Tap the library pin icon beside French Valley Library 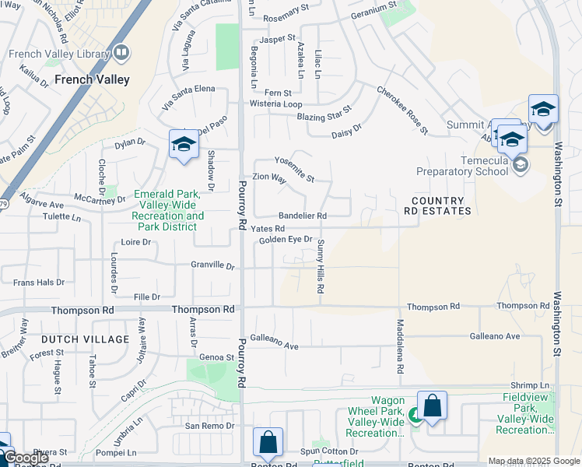(x=121, y=52)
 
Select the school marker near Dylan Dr (x=184, y=145)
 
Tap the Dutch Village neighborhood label (x=85, y=339)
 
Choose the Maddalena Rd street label (x=401, y=342)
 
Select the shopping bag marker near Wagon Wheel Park (x=432, y=406)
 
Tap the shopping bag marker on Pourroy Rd (x=268, y=443)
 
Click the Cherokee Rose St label (x=402, y=110)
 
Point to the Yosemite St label (x=293, y=168)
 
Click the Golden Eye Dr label (x=286, y=240)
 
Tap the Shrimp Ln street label (x=530, y=385)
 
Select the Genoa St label (x=217, y=357)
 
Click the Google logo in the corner (x=25, y=458)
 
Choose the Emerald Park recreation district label (x=169, y=210)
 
